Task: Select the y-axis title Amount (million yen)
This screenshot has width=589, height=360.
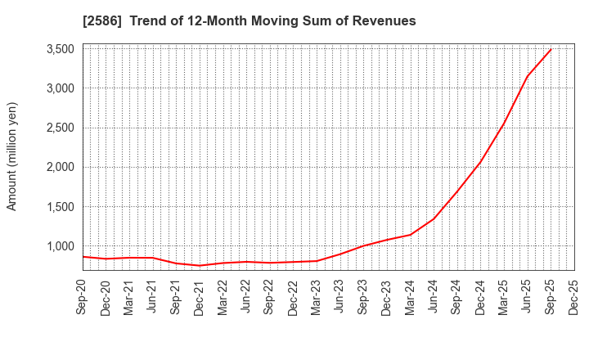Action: pyautogui.click(x=12, y=156)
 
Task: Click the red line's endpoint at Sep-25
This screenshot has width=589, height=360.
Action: pyautogui.click(x=551, y=49)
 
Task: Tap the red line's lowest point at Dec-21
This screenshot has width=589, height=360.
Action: pyautogui.click(x=200, y=265)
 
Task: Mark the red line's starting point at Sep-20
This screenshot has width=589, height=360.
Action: pyautogui.click(x=83, y=257)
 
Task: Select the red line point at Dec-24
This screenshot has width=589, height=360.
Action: pyautogui.click(x=480, y=161)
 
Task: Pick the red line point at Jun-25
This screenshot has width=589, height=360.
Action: pyautogui.click(x=527, y=78)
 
